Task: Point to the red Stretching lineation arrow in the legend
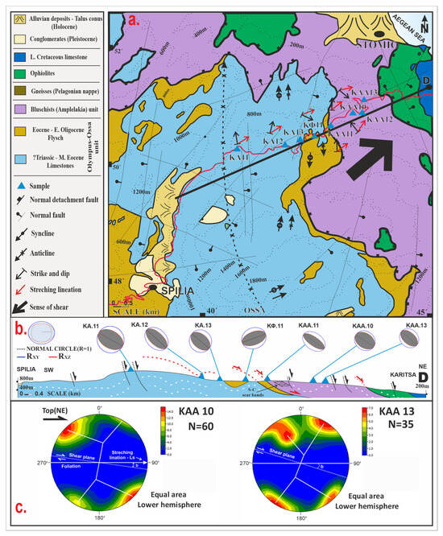[x=16, y=284]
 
